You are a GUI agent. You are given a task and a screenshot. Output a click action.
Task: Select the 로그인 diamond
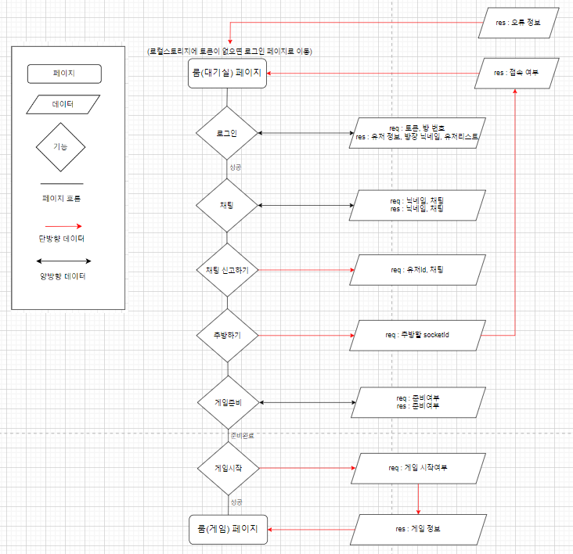pyautogui.click(x=227, y=134)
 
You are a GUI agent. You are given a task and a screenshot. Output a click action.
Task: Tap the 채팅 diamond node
pyautogui.click(x=227, y=205)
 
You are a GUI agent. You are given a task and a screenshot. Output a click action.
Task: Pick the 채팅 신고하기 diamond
pyautogui.click(x=227, y=270)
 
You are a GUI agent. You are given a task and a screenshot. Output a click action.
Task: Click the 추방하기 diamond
pyautogui.click(x=227, y=335)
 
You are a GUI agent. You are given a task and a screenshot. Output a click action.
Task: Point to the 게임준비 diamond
pyautogui.click(x=227, y=402)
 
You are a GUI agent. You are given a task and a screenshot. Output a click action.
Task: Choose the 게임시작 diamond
pyautogui.click(x=227, y=468)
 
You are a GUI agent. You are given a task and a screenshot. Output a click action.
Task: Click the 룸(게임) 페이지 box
pyautogui.click(x=228, y=529)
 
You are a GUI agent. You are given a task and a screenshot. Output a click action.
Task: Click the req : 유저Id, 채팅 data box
pyautogui.click(x=418, y=270)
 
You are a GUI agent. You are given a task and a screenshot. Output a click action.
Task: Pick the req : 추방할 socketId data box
pyautogui.click(x=418, y=335)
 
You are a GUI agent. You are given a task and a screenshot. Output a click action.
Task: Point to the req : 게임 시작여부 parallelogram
pyautogui.click(x=418, y=468)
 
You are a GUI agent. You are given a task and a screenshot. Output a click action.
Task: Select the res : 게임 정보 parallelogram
pyautogui.click(x=418, y=529)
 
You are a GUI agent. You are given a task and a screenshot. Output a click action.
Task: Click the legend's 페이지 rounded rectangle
pyautogui.click(x=64, y=74)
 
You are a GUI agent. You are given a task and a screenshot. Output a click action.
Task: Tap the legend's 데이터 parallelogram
pyautogui.click(x=64, y=104)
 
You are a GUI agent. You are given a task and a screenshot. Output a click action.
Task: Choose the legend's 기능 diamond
pyautogui.click(x=60, y=146)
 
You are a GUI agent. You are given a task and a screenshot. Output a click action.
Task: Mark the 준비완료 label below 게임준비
pyautogui.click(x=240, y=434)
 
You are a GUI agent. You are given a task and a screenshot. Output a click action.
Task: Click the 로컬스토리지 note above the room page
pyautogui.click(x=229, y=51)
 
